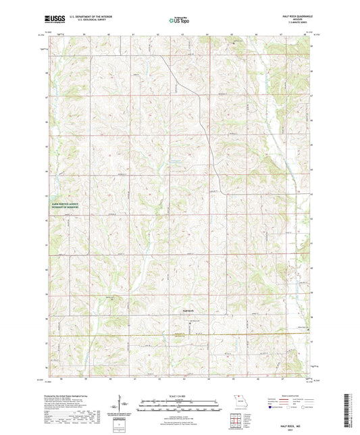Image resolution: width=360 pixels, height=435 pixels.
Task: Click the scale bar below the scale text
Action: coord(179,404)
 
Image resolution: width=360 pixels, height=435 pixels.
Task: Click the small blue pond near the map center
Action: coord(174,161)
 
